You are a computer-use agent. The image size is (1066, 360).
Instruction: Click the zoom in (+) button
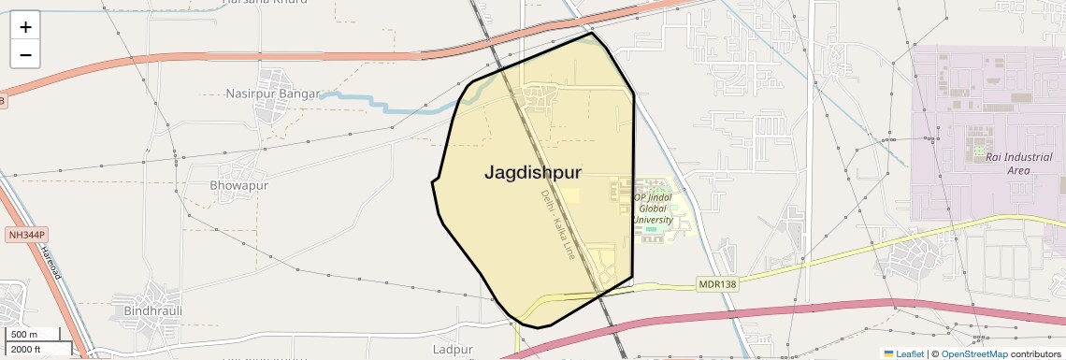coord(25,27)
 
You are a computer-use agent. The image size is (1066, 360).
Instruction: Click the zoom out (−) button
coord(25,54)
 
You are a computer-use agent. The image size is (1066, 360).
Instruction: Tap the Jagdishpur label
coord(533,173)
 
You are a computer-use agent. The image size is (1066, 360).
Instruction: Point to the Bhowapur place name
coord(238,185)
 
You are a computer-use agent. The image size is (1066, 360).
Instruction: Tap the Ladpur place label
coord(454,350)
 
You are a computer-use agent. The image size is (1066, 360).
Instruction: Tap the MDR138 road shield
coord(717,282)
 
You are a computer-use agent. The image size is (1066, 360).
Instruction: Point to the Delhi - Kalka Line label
coord(558,224)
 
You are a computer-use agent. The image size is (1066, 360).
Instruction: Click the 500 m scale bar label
coord(24,335)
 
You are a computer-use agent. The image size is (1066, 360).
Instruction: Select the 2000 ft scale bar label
coord(26,350)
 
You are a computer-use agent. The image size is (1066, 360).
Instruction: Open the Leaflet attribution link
coord(904,353)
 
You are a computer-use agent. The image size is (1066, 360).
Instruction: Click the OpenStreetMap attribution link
coord(973,353)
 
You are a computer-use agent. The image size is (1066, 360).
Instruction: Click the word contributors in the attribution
coord(1036,353)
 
